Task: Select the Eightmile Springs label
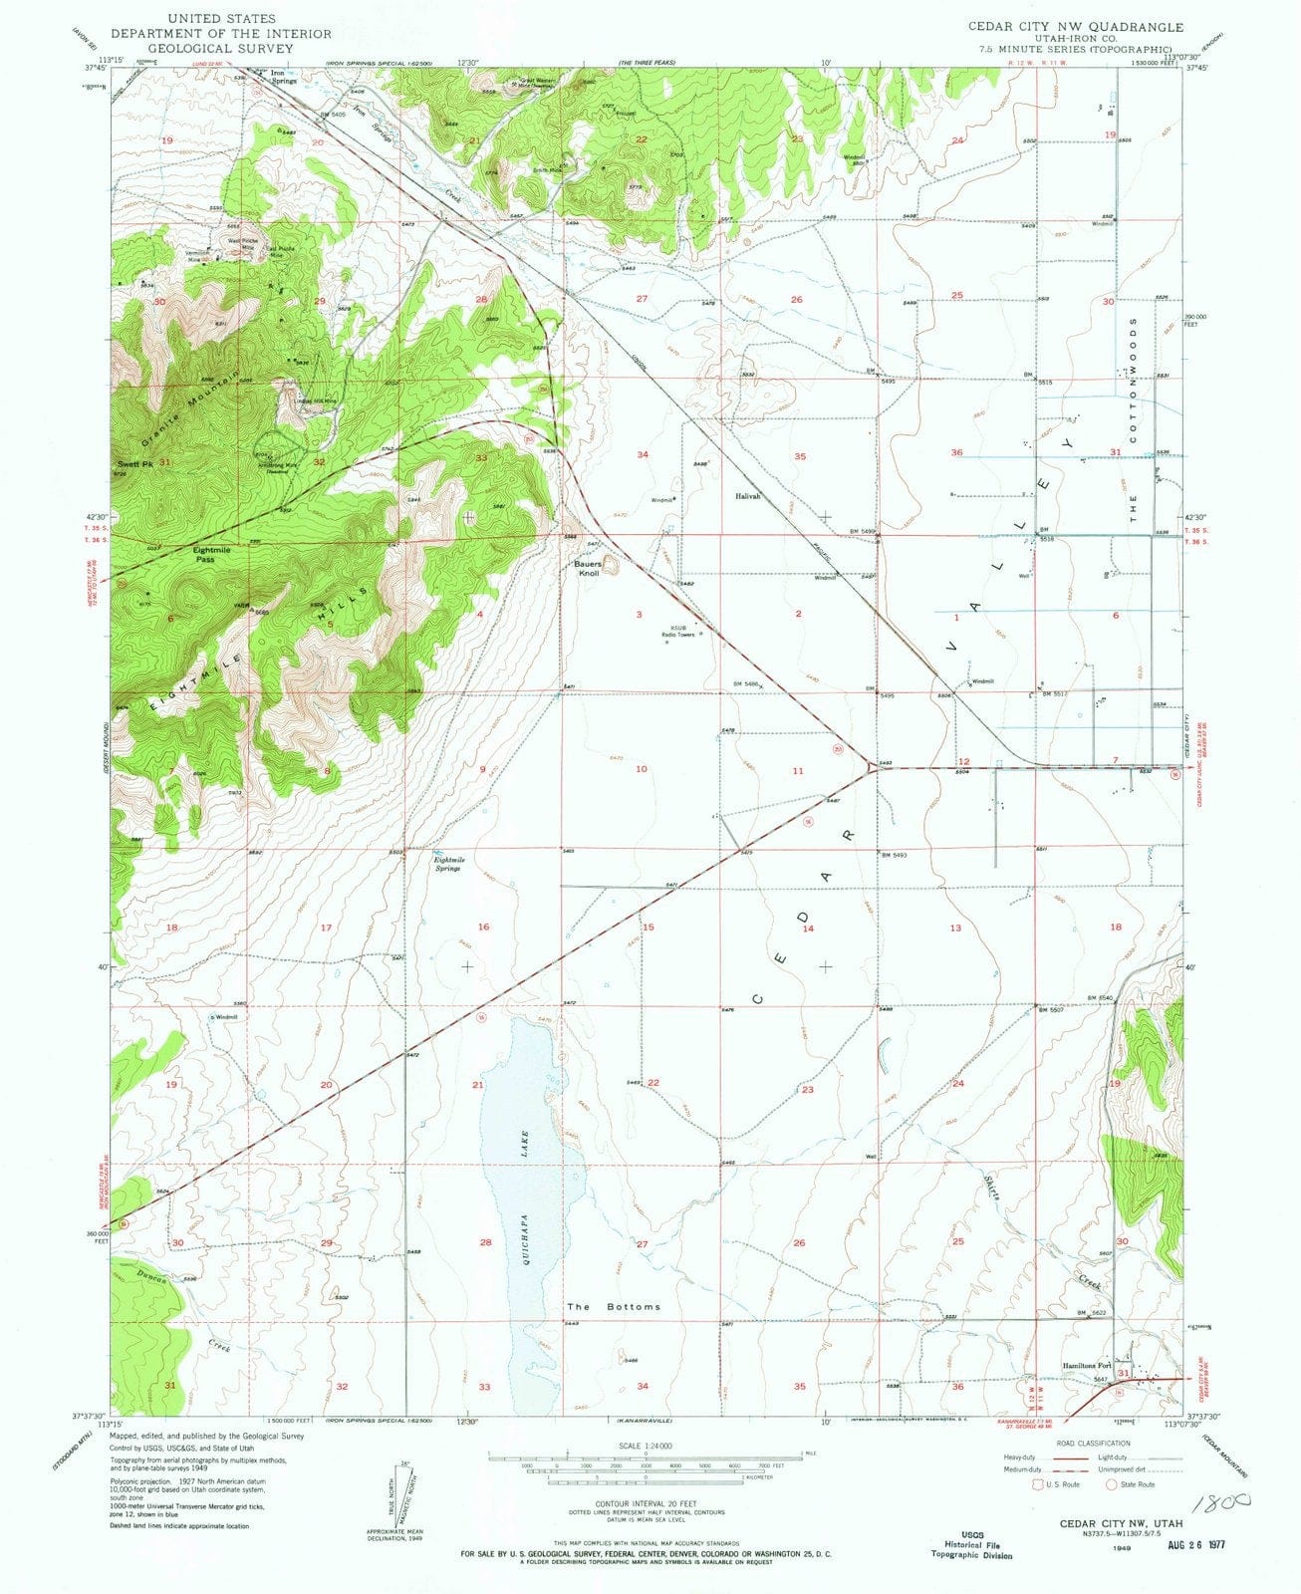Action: tap(448, 864)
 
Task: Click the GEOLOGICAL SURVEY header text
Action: tap(236, 47)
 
